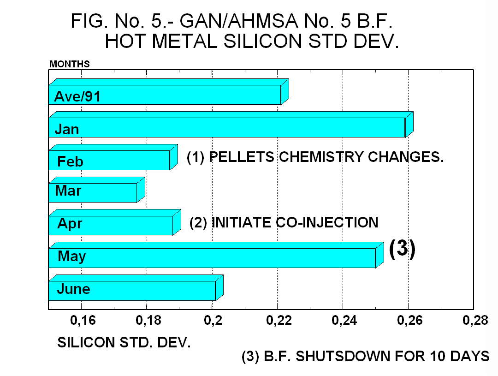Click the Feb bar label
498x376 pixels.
tap(70, 162)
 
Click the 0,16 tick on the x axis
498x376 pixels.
tap(81, 321)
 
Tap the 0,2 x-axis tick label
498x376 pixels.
tap(213, 321)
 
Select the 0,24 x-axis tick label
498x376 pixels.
tap(343, 321)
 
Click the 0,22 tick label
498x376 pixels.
tap(278, 321)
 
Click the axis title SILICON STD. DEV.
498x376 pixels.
tap(124, 343)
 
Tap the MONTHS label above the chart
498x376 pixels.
tap(69, 64)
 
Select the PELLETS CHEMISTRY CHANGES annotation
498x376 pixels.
tap(315, 157)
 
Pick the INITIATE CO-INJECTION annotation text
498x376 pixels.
tap(284, 222)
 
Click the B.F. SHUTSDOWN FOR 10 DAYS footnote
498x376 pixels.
tap(365, 357)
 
